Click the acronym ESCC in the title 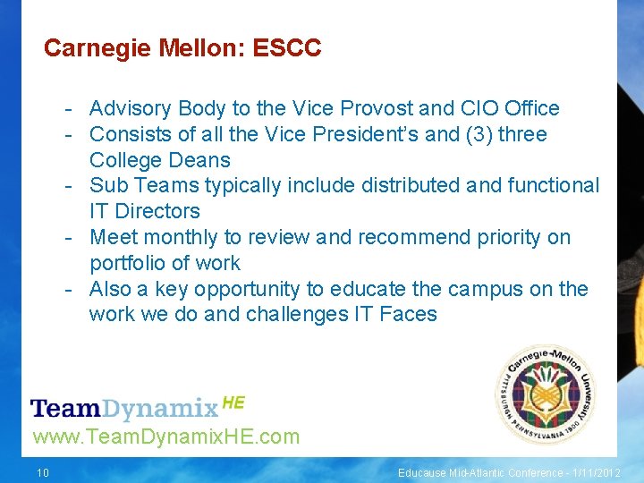(287, 48)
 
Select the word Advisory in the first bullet (130, 109)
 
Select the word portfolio (126, 263)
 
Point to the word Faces (407, 315)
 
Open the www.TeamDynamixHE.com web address (165, 437)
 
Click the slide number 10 (43, 472)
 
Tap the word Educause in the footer (423, 472)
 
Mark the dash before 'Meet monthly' (68, 238)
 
